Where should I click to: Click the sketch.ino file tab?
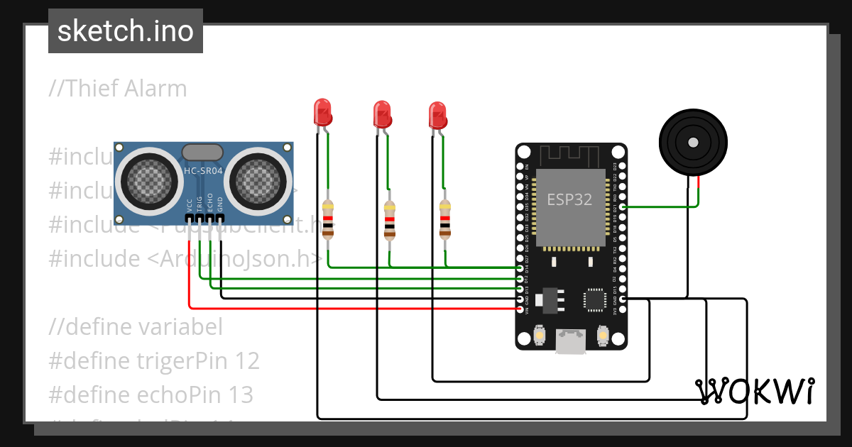(x=126, y=31)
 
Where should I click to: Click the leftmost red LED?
(x=322, y=112)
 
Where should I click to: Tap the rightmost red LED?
(x=437, y=114)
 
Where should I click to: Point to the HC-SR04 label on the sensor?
(x=204, y=170)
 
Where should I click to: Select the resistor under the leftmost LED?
(x=327, y=219)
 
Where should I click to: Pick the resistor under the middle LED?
(x=389, y=219)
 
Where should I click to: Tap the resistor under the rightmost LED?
(x=445, y=218)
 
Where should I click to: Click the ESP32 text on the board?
(x=569, y=199)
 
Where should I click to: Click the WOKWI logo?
(x=755, y=391)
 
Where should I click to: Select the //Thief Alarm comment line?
(x=118, y=89)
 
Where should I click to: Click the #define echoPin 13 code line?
(x=151, y=394)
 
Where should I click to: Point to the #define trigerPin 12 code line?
(x=154, y=361)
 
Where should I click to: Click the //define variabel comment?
(x=136, y=327)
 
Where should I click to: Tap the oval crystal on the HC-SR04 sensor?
(x=203, y=152)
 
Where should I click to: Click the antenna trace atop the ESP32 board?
(x=571, y=155)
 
